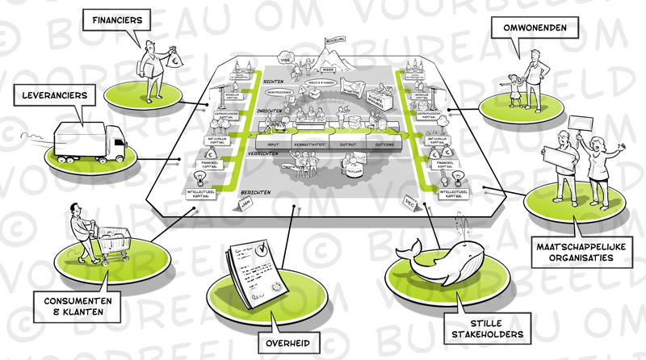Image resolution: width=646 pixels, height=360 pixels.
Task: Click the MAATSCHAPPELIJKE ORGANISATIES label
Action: pyautogui.click(x=576, y=251)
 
